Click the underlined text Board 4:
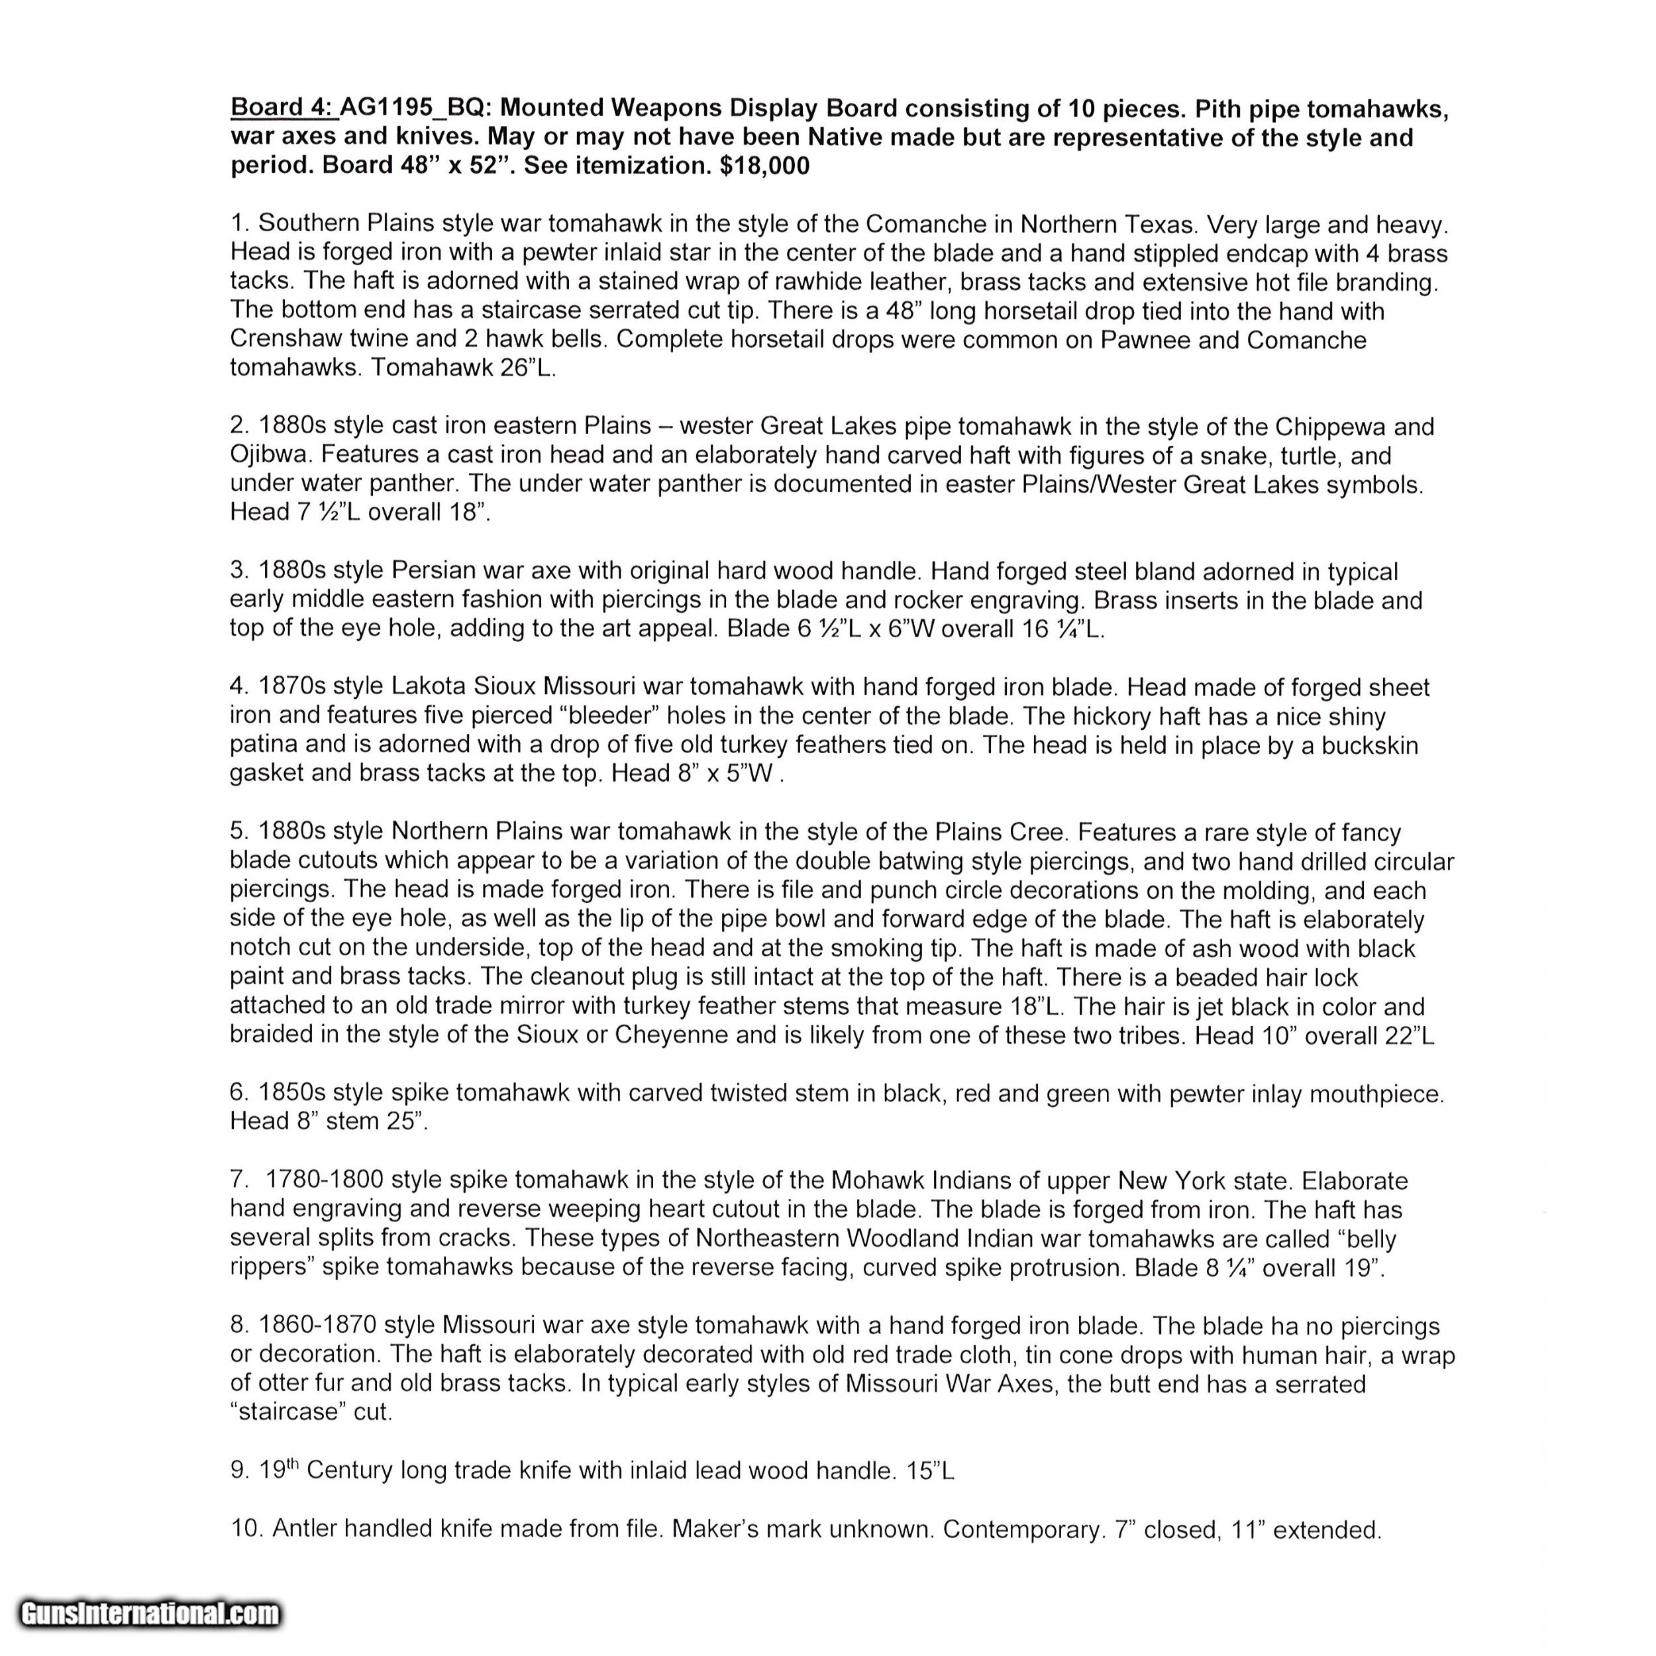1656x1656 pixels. (x=284, y=108)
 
